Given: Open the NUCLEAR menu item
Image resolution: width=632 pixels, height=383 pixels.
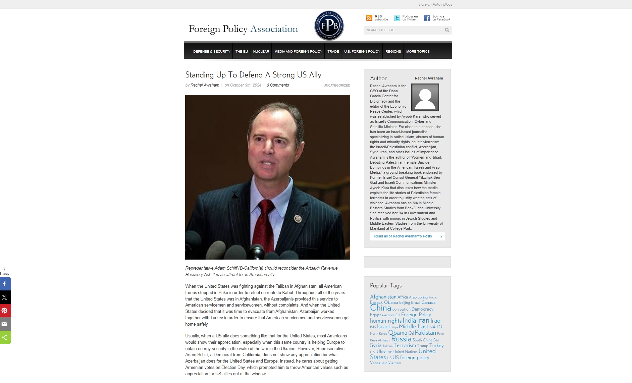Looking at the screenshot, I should [x=261, y=52].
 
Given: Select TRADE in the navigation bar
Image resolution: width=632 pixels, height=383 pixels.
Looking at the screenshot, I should [x=333, y=52].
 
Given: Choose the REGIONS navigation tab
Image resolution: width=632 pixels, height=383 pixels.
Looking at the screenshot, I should [x=393, y=52].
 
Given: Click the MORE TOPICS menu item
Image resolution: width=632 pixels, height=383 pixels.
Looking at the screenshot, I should [x=418, y=52].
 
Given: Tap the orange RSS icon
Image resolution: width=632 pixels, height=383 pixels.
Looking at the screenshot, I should [x=369, y=18].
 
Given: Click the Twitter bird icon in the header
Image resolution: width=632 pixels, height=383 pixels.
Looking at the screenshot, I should [x=397, y=18].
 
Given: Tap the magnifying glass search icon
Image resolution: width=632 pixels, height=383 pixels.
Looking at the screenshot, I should [x=447, y=30].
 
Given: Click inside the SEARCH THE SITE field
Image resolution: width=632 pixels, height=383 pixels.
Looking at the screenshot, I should [x=403, y=30].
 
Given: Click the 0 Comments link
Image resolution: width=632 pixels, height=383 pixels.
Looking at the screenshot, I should [x=278, y=85].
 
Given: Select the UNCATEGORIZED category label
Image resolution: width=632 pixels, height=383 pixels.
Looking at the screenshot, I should [x=337, y=86].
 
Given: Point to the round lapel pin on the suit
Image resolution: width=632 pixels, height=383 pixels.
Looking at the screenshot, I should [x=298, y=219].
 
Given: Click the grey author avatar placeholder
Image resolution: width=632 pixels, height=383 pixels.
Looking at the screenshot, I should [x=425, y=97].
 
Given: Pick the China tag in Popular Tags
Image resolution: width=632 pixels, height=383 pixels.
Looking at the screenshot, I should [x=380, y=308].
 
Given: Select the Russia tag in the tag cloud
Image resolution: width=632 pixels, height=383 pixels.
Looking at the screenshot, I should [x=401, y=339].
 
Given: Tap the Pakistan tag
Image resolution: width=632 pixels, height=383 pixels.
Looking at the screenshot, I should [x=425, y=333].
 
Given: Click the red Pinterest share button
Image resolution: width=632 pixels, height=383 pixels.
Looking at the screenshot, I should [x=5, y=311].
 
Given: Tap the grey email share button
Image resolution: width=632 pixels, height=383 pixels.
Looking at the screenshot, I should [x=5, y=324].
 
